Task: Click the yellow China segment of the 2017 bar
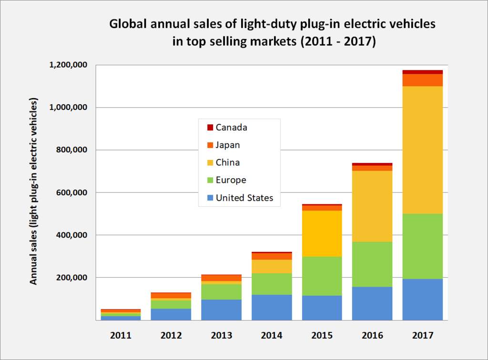[423, 150]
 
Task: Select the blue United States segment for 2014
[272, 307]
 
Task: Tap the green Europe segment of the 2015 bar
[322, 276]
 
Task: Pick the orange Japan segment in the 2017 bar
[423, 80]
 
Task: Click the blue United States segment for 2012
[171, 314]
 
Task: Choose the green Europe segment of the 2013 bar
[221, 291]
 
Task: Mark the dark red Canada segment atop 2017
[423, 72]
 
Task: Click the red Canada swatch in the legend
[210, 127]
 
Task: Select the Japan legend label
[227, 145]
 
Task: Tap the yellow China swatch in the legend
[210, 162]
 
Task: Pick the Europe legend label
[231, 180]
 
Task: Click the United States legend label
[244, 198]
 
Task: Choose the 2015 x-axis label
[322, 335]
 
